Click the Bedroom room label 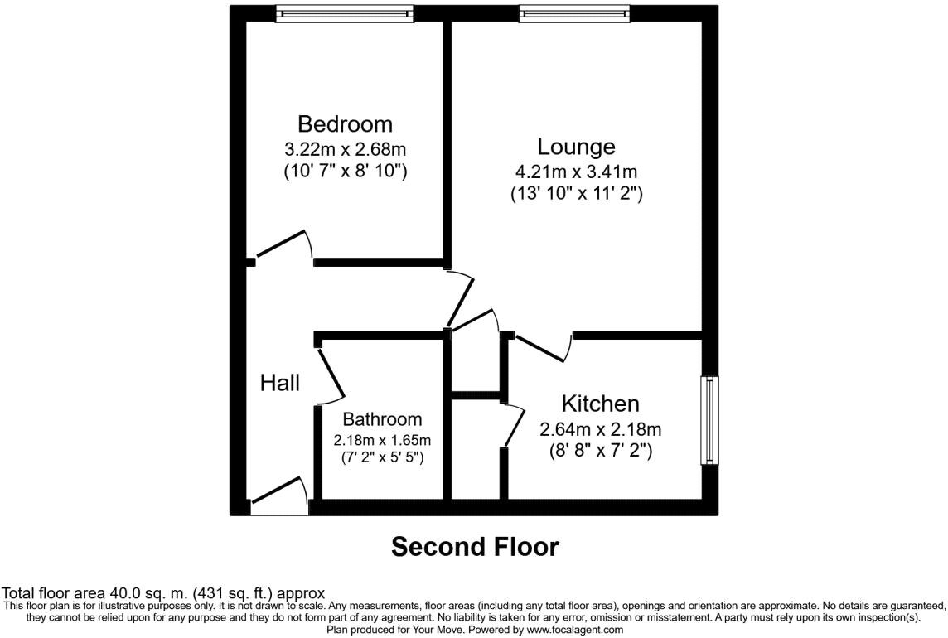pyautogui.click(x=346, y=124)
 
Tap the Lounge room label pyautogui.click(x=576, y=147)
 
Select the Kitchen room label pyautogui.click(x=600, y=404)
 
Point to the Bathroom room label pyautogui.click(x=382, y=419)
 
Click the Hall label pyautogui.click(x=280, y=382)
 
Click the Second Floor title pyautogui.click(x=475, y=547)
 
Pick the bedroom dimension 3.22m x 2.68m pyautogui.click(x=346, y=149)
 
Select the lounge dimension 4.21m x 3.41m pyautogui.click(x=576, y=172)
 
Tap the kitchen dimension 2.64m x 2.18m pyautogui.click(x=600, y=429)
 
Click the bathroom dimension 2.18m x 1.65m pyautogui.click(x=382, y=440)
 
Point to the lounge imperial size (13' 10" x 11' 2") pyautogui.click(x=576, y=194)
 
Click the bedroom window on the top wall pyautogui.click(x=345, y=13)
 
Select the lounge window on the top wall pyautogui.click(x=574, y=13)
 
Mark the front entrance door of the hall pyautogui.click(x=280, y=491)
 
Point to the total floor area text pyautogui.click(x=163, y=592)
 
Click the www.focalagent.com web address pyautogui.click(x=574, y=630)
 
